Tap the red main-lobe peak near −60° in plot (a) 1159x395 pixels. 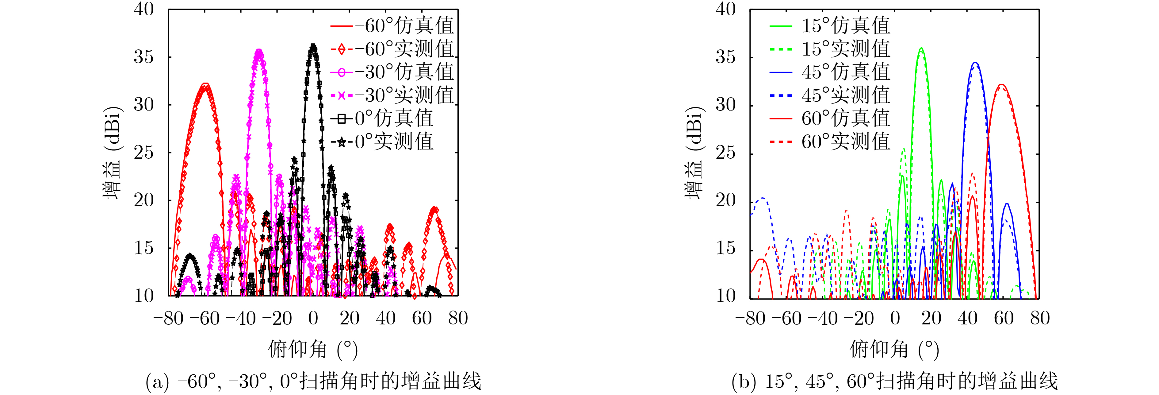[205, 84]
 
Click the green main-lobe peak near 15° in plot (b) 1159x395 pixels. [921, 48]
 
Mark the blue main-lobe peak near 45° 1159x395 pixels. [975, 63]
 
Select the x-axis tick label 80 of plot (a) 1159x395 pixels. [457, 319]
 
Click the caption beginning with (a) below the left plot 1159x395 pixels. [313, 382]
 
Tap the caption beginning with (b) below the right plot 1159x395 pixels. [894, 382]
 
